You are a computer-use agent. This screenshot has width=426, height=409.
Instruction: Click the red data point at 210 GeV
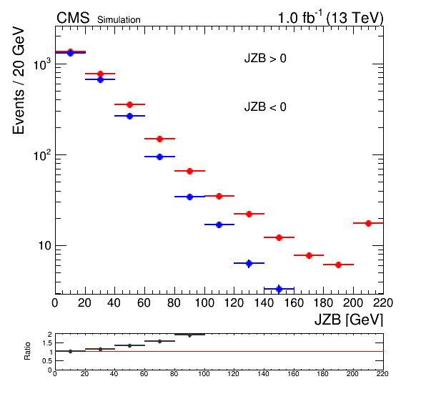point(368,223)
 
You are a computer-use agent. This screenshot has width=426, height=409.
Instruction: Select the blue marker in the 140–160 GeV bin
point(279,289)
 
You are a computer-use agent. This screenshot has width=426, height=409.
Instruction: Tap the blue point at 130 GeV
point(249,263)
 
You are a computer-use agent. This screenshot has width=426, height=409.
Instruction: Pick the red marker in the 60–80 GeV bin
point(160,139)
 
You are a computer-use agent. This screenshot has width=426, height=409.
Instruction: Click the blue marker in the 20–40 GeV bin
point(100,79)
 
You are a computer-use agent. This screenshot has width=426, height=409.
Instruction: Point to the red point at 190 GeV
point(338,265)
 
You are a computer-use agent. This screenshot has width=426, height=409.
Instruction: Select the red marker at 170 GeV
point(309,255)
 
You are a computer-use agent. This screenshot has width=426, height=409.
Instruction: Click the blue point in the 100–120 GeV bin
point(219,225)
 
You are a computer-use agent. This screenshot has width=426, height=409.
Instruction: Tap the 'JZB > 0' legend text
point(265,59)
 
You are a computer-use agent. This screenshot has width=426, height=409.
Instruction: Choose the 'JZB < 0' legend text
point(265,107)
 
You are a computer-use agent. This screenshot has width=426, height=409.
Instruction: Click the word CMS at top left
point(73,18)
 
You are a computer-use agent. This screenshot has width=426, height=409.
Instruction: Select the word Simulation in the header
point(119,20)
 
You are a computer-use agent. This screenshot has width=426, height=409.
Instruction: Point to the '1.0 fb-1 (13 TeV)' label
point(330,18)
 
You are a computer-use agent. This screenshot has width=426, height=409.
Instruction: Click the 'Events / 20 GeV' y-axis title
point(19,80)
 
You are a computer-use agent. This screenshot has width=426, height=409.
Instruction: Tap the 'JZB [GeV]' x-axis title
point(349,320)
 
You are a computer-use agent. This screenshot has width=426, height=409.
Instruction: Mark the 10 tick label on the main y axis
point(44,246)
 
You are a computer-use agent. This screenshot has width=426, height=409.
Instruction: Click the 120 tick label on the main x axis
point(234,303)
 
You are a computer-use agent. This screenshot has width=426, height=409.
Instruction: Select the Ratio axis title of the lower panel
point(27,351)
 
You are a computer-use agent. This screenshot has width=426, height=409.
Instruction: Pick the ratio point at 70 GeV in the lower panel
point(160,341)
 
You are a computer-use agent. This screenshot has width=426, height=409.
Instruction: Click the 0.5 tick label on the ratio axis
point(46,361)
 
